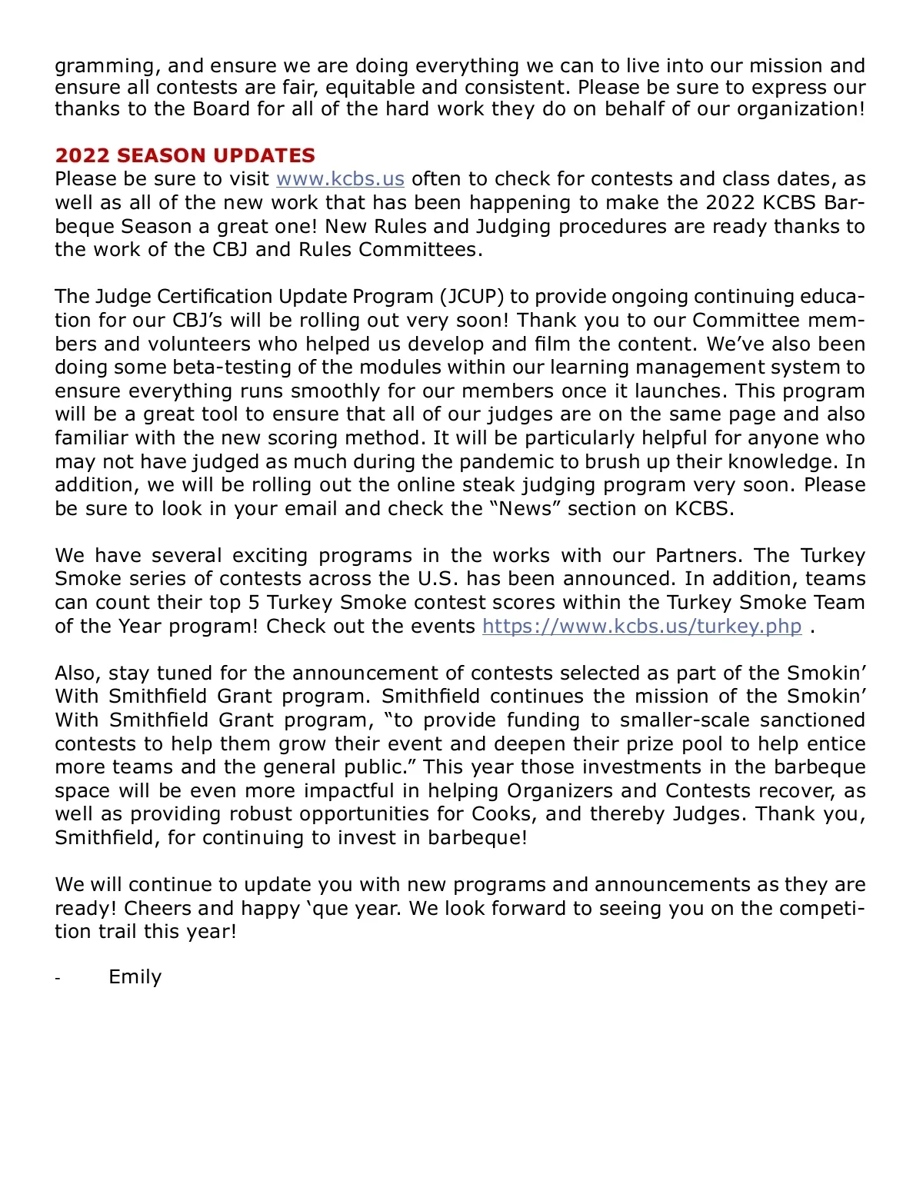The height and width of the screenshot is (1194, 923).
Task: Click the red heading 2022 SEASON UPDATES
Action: pyautogui.click(x=185, y=155)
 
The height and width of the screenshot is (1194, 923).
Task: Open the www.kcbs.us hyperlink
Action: pyautogui.click(x=340, y=179)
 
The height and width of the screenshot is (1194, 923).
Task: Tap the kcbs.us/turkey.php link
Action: pyautogui.click(x=641, y=627)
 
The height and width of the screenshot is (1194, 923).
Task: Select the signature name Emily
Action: pyautogui.click(x=135, y=977)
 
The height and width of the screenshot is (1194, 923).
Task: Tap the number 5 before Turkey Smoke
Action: pyautogui.click(x=254, y=603)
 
